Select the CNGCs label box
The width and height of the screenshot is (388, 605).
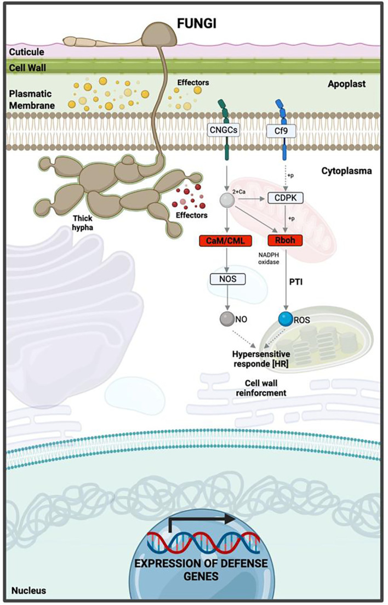pyautogui.click(x=224, y=130)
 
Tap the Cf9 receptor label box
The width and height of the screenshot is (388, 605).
pyautogui.click(x=281, y=131)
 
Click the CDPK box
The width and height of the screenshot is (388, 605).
pyautogui.click(x=285, y=198)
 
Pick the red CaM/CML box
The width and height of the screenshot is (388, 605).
pyautogui.click(x=225, y=241)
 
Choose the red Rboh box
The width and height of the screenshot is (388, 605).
pyautogui.click(x=285, y=240)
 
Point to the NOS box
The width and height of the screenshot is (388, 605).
pyautogui.click(x=227, y=278)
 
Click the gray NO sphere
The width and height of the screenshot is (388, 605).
pyautogui.click(x=227, y=319)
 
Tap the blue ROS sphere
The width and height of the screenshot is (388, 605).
pyautogui.click(x=286, y=319)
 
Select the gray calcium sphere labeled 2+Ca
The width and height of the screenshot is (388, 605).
pyautogui.click(x=227, y=200)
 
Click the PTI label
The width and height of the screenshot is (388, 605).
pyautogui.click(x=296, y=282)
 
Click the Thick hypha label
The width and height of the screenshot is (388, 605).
pyautogui.click(x=83, y=222)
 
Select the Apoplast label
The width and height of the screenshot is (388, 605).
pyautogui.click(x=347, y=84)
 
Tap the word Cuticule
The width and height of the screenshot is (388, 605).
pyautogui.click(x=27, y=52)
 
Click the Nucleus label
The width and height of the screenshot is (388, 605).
pyautogui.click(x=28, y=590)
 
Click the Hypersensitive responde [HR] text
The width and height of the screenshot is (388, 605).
pyautogui.click(x=261, y=358)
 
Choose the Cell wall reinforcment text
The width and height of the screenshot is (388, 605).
pyautogui.click(x=261, y=388)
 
